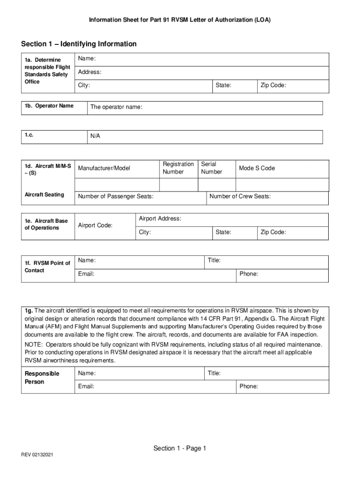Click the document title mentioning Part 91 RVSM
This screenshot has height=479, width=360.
[180, 20]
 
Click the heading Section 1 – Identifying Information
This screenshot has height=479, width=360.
[79, 44]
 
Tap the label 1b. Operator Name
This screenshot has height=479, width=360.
[49, 106]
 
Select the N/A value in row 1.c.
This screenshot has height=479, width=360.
[95, 136]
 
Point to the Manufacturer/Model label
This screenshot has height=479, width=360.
[104, 168]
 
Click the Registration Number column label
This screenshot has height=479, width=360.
[178, 168]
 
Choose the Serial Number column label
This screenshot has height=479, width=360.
[211, 168]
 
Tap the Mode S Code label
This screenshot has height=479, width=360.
[257, 168]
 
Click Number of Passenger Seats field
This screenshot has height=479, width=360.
[140, 197]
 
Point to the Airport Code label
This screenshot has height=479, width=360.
[95, 225]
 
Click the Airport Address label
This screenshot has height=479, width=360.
[160, 219]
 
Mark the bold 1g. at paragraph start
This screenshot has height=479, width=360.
[29, 311]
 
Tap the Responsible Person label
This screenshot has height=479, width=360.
[42, 377]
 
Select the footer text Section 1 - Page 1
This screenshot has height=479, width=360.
[180, 449]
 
